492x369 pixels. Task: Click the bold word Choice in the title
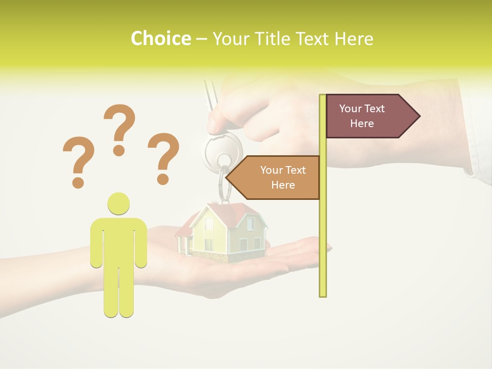[x=160, y=39]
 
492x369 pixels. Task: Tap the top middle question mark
[x=119, y=128]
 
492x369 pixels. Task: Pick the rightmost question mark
[x=163, y=157]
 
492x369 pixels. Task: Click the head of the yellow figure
[x=118, y=203]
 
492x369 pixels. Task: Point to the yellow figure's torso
[x=118, y=241]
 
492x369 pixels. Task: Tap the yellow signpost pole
[x=322, y=231]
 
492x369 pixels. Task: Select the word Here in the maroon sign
[x=362, y=124]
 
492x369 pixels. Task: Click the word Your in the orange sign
[x=272, y=170]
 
